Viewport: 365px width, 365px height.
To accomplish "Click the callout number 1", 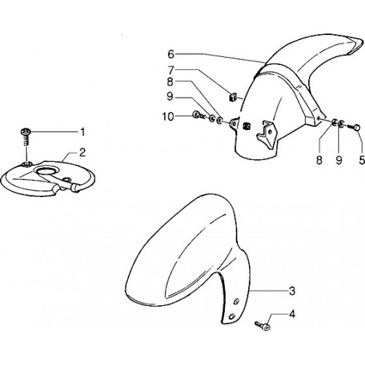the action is pyautogui.click(x=83, y=132).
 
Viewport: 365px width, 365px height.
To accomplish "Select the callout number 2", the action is pyautogui.click(x=82, y=153).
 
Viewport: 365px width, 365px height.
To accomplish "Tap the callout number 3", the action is pyautogui.click(x=292, y=291).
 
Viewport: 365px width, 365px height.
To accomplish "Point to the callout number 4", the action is pyautogui.click(x=292, y=314).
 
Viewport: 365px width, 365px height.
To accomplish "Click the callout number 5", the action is pyautogui.click(x=362, y=160).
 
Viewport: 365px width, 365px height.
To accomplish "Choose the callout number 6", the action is pyautogui.click(x=171, y=54).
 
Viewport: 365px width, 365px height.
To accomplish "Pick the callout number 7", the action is pyautogui.click(x=171, y=70).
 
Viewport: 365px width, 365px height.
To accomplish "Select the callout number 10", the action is pyautogui.click(x=168, y=117).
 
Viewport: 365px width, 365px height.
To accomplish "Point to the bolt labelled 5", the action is pyautogui.click(x=354, y=127).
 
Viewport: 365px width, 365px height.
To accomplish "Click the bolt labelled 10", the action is pyautogui.click(x=199, y=115).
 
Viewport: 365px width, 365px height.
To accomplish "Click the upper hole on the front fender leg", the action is pyautogui.click(x=237, y=301).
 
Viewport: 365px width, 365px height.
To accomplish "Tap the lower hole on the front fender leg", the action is pyautogui.click(x=231, y=316).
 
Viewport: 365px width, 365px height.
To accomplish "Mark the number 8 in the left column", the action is pyautogui.click(x=170, y=82).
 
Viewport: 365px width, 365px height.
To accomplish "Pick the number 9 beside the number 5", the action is pyautogui.click(x=339, y=160).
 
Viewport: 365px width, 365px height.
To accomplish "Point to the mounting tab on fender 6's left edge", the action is pyautogui.click(x=234, y=123).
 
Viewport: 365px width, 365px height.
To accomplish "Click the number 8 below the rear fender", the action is pyautogui.click(x=319, y=160).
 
